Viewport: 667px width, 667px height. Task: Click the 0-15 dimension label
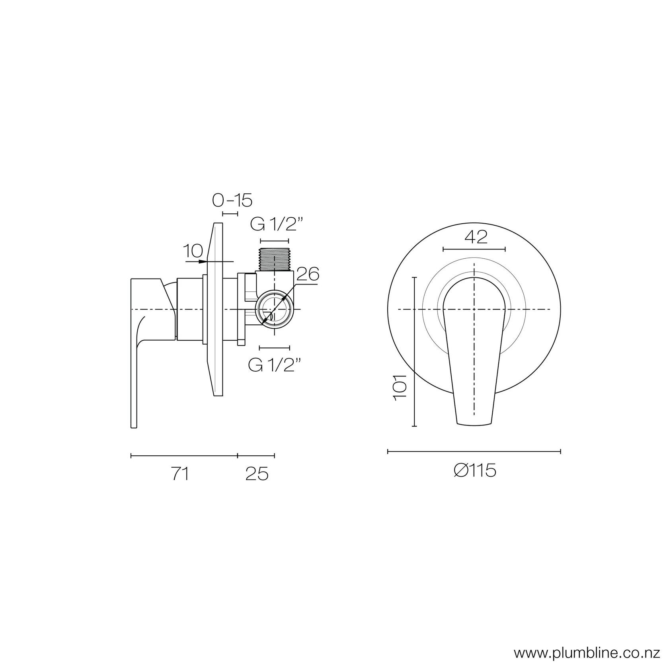(232, 201)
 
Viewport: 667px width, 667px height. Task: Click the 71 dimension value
(180, 474)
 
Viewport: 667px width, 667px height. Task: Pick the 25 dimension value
(257, 474)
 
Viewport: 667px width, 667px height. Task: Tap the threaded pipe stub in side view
(274, 259)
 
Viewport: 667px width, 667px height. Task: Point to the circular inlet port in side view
(274, 309)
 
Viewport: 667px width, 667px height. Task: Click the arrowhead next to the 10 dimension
(204, 261)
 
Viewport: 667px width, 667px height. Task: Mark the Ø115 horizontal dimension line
(474, 451)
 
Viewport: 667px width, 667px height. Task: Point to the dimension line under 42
(474, 249)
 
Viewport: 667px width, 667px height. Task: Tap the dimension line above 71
(184, 455)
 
